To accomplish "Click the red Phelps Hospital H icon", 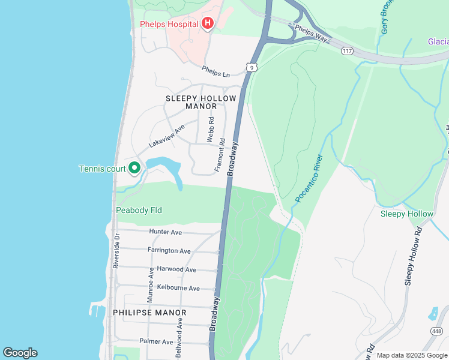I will click(x=208, y=24).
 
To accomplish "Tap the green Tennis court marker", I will click(x=135, y=169).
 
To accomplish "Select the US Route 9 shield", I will click(x=253, y=68).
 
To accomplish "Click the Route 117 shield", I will click(x=347, y=51).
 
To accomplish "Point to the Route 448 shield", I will click(x=436, y=331).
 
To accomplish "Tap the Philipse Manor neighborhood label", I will click(x=149, y=313).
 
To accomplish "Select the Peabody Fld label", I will click(x=139, y=210).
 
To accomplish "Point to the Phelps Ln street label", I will click(x=216, y=71).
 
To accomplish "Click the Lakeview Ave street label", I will click(x=166, y=137).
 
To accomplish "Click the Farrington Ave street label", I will click(x=169, y=251).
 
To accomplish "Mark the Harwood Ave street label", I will click(x=176, y=269).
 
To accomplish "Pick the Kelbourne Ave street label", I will click(x=178, y=288).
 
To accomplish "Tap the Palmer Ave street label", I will click(x=156, y=342).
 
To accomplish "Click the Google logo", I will click(x=20, y=353).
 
